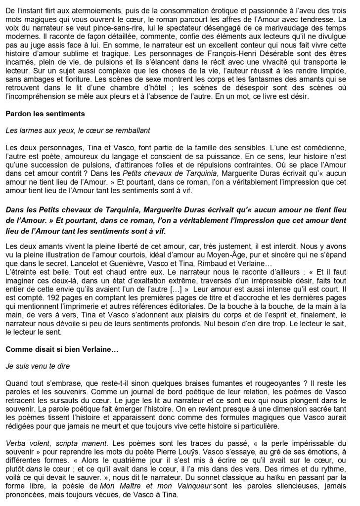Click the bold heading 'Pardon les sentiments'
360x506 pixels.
[45, 114]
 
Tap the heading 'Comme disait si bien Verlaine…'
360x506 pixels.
[62, 349]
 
